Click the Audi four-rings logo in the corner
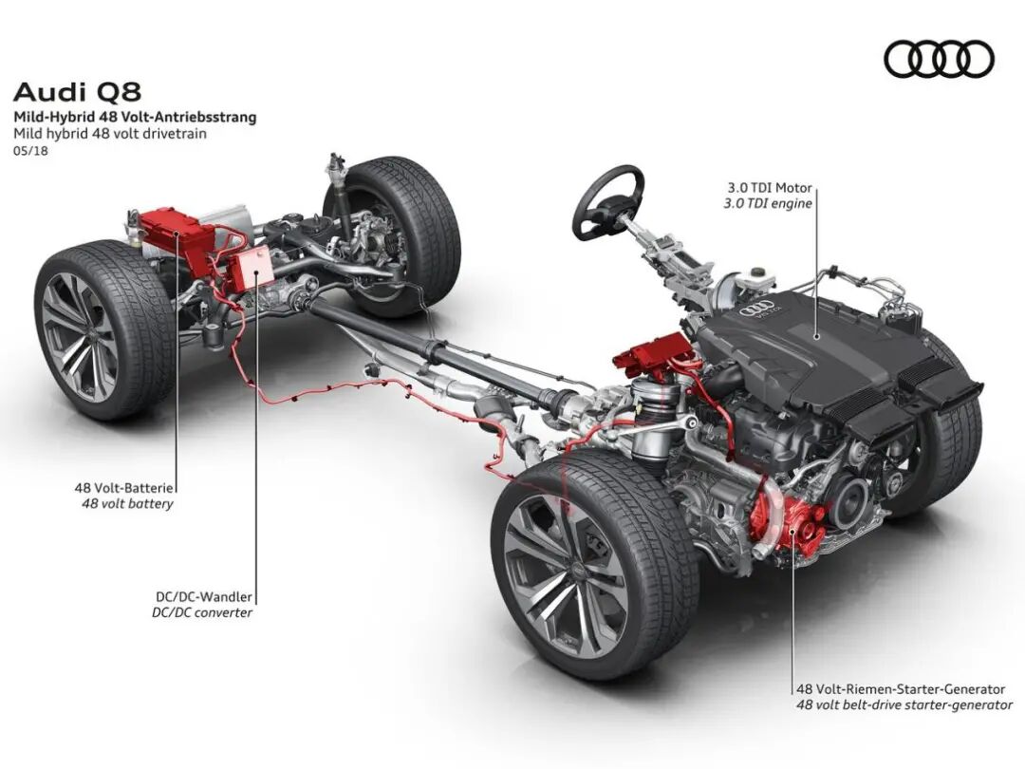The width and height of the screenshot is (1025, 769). (939, 60)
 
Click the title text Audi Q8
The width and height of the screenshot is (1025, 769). (77, 93)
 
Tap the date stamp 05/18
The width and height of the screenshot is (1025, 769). (30, 151)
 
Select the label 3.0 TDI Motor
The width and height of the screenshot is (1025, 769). (768, 188)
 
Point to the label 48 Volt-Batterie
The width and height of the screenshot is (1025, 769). (125, 487)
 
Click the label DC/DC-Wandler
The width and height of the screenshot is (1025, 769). (204, 597)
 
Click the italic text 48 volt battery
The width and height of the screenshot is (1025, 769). (127, 504)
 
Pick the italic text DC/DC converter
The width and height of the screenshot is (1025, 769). (202, 613)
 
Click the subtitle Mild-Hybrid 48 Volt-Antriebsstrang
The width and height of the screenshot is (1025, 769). (134, 118)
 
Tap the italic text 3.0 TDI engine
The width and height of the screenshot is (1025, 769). (768, 204)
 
